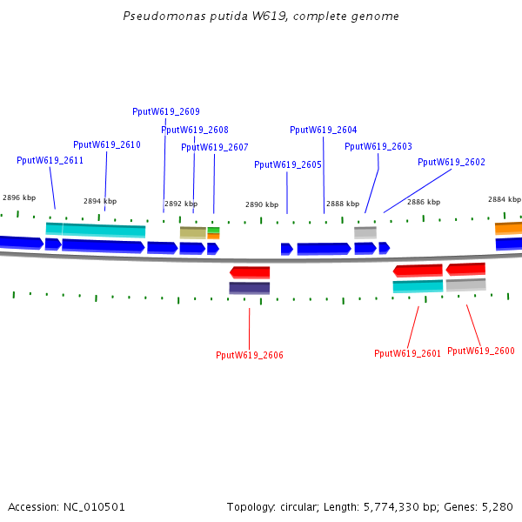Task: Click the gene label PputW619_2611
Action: [x=50, y=160]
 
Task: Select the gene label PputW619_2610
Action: [x=106, y=144]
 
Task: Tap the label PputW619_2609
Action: [x=165, y=111]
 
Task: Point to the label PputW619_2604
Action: [x=323, y=130]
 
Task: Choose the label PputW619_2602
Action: [x=451, y=162]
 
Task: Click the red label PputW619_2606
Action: [x=249, y=355]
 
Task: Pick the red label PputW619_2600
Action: [x=480, y=351]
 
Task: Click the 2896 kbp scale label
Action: [x=19, y=197]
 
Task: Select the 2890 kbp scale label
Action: [x=261, y=204]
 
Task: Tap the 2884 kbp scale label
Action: [x=504, y=199]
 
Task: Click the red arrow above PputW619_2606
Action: [x=250, y=272]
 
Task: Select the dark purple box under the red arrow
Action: [x=249, y=288]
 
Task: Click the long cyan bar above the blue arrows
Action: [x=104, y=231]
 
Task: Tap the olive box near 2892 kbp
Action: [x=192, y=232]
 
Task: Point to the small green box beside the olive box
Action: [x=213, y=230]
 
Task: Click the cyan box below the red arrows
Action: [x=418, y=285]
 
